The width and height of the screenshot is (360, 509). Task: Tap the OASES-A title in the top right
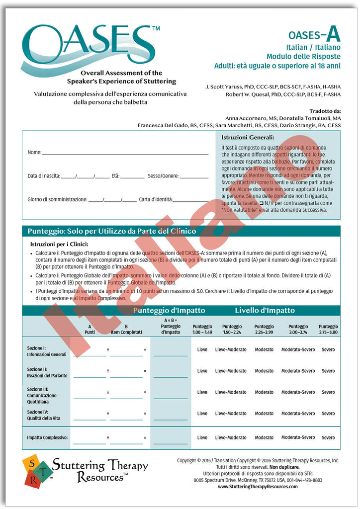[x=314, y=35]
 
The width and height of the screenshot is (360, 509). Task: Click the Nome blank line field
[x=124, y=153]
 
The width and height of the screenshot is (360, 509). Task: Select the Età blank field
[x=132, y=176]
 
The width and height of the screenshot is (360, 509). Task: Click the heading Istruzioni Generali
[x=248, y=137]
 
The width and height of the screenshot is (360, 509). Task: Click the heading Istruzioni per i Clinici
[x=59, y=244]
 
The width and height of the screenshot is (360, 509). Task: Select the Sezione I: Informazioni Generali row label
[x=46, y=351]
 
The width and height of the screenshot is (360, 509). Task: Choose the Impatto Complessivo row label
[x=48, y=438]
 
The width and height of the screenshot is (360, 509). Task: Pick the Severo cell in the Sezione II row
[x=328, y=371]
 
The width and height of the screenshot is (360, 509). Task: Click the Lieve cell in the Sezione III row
[x=202, y=392]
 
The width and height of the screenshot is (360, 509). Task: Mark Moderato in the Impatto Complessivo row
[x=264, y=438]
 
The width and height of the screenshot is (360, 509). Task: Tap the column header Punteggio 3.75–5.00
[x=328, y=329]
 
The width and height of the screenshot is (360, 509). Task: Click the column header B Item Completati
[x=126, y=329]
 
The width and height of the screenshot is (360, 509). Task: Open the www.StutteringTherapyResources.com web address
[x=258, y=487]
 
